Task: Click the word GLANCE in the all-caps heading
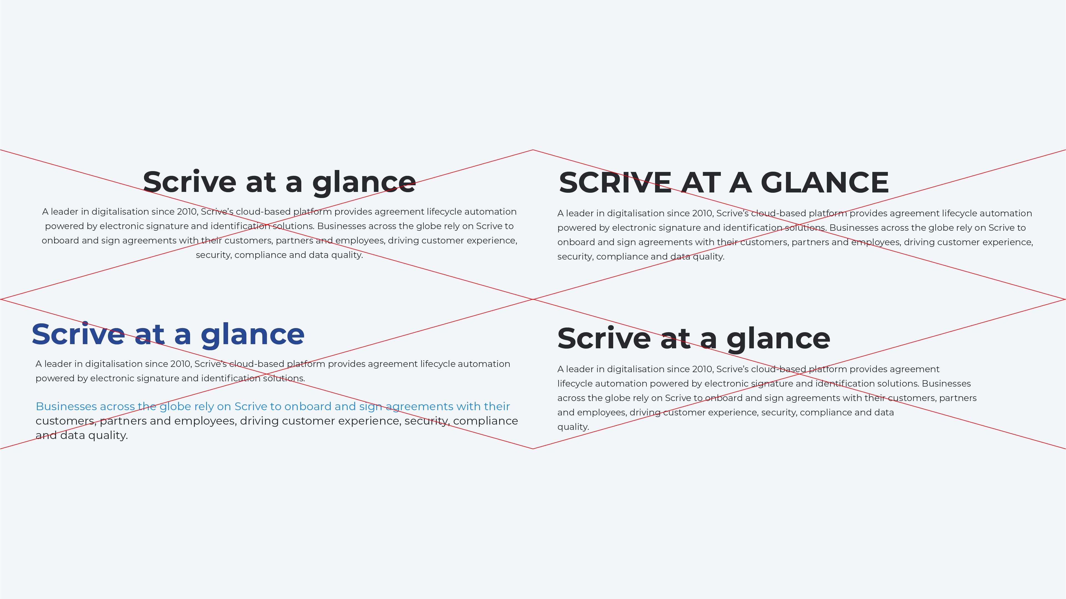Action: tap(824, 183)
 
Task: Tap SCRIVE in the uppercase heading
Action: tap(615, 183)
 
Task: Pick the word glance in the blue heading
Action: tap(252, 335)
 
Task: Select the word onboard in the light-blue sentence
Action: tap(308, 407)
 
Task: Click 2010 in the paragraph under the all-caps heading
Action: tap(702, 214)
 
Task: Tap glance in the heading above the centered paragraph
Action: tap(364, 183)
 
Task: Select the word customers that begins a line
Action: tap(65, 422)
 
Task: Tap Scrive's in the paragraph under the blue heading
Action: tap(210, 364)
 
